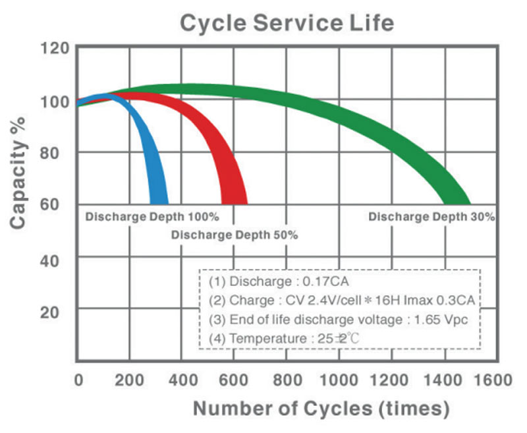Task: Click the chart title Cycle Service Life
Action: (287, 23)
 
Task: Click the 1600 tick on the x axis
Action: (488, 381)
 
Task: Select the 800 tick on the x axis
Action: (288, 381)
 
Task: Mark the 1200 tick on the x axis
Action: (389, 381)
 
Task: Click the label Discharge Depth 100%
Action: (152, 216)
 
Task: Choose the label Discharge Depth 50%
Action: (234, 235)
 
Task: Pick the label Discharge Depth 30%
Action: (431, 216)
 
